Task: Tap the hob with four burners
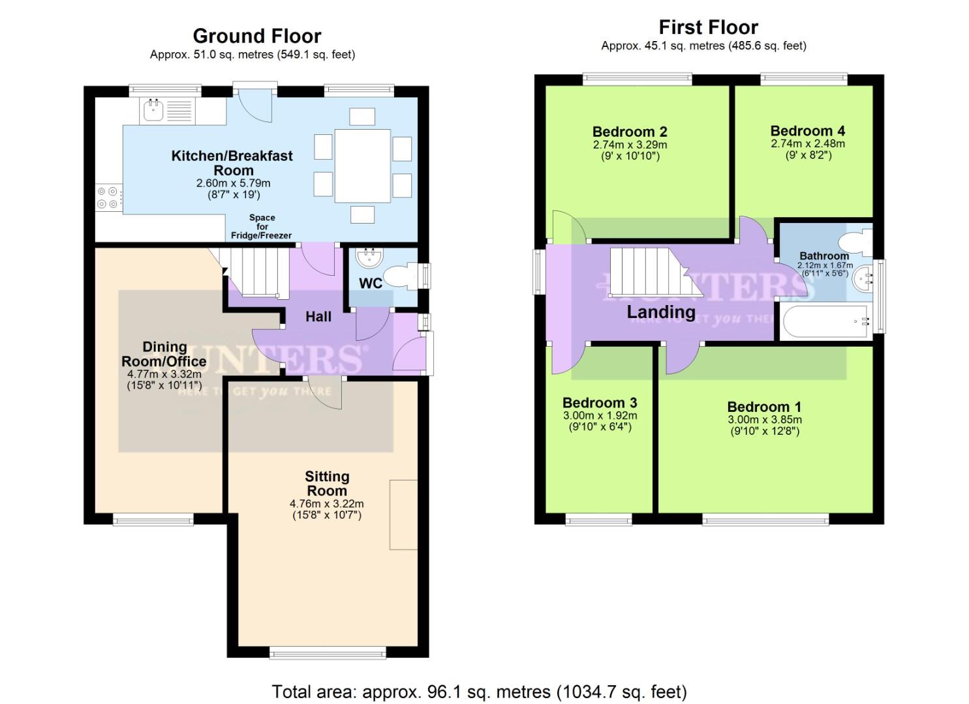coord(108,198)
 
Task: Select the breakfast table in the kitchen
coord(362,166)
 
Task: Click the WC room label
coord(371,284)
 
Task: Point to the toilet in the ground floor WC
coord(401,276)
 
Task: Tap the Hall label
coord(318,317)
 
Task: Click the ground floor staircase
coord(258,272)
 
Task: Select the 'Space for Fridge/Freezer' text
coord(262,227)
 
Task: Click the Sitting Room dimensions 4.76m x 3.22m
coord(327,504)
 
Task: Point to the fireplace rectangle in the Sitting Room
coord(403,515)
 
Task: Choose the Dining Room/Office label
coord(164,354)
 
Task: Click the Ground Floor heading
coord(257,36)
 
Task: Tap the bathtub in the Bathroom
coord(825,322)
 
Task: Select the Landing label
coord(661,312)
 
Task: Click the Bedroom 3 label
coord(600,403)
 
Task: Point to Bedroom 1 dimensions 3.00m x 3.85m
coord(765,420)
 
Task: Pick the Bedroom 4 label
coord(807,131)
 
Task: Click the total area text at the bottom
coord(479,692)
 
